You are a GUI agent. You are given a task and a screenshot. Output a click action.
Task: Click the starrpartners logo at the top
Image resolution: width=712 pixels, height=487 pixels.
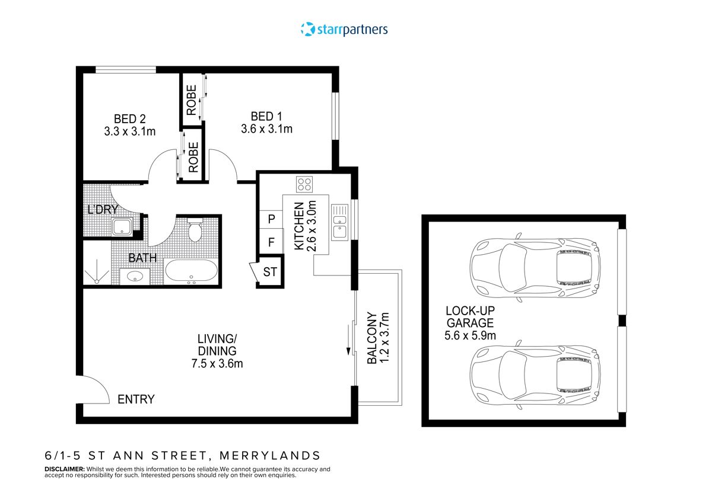[x=344, y=29]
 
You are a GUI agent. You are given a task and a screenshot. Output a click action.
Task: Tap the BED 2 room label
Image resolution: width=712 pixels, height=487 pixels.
[x=129, y=117]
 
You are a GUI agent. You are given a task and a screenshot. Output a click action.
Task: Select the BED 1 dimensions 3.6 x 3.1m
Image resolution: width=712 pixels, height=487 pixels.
[x=266, y=129]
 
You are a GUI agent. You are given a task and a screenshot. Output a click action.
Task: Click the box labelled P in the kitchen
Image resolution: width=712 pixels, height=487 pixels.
[x=271, y=219]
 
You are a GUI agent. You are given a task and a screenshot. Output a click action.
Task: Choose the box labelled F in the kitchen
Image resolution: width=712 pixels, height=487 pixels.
[x=271, y=242]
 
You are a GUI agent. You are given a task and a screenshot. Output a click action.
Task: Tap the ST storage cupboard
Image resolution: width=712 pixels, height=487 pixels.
[x=270, y=273]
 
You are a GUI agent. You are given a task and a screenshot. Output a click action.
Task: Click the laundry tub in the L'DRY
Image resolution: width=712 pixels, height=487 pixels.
[x=123, y=226]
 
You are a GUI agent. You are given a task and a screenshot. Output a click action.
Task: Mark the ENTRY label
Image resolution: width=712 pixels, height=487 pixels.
[x=136, y=399]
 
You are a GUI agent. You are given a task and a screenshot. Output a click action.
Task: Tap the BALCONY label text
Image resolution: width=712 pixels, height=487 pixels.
[x=372, y=338]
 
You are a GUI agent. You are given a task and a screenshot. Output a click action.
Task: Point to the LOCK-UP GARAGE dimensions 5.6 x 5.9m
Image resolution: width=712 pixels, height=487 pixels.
[x=471, y=335]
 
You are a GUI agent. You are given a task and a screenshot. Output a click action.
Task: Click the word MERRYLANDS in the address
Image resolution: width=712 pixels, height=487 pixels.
[x=270, y=456]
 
